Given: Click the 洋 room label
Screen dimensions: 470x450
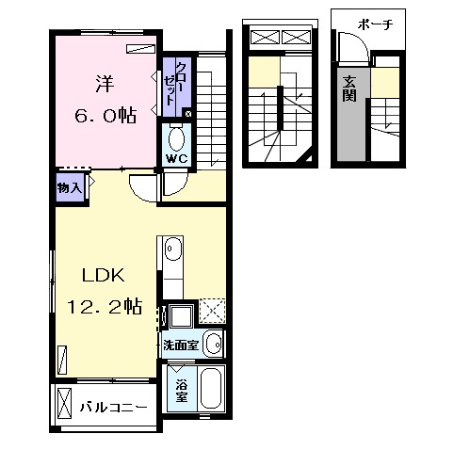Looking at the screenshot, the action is (105, 84).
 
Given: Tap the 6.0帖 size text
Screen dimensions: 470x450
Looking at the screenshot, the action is (105, 115).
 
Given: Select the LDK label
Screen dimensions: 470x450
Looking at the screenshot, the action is (104, 275).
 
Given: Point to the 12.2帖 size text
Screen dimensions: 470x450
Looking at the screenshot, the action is (105, 307).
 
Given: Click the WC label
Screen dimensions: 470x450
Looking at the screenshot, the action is (177, 158).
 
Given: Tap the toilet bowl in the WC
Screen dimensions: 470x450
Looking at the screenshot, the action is (176, 138).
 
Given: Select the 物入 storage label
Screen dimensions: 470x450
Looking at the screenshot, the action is (70, 188).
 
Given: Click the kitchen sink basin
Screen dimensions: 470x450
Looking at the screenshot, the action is (173, 249).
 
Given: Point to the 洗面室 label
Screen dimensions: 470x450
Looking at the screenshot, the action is (181, 346).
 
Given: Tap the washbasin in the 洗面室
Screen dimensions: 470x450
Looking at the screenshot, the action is (213, 344).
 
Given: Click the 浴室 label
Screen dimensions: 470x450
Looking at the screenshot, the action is (182, 391).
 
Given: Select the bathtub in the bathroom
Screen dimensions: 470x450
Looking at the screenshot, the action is (211, 389).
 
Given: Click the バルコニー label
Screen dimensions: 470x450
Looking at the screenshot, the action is (113, 408).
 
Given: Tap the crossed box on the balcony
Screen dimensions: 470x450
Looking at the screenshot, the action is (65, 403).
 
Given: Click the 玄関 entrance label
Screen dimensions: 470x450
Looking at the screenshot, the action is (349, 88).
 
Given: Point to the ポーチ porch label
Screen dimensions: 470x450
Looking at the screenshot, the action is (375, 24).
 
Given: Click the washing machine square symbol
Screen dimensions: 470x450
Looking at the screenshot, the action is (181, 315).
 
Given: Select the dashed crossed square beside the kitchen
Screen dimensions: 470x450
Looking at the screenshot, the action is (213, 311).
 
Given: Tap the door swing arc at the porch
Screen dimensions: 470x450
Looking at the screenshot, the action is (361, 40).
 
